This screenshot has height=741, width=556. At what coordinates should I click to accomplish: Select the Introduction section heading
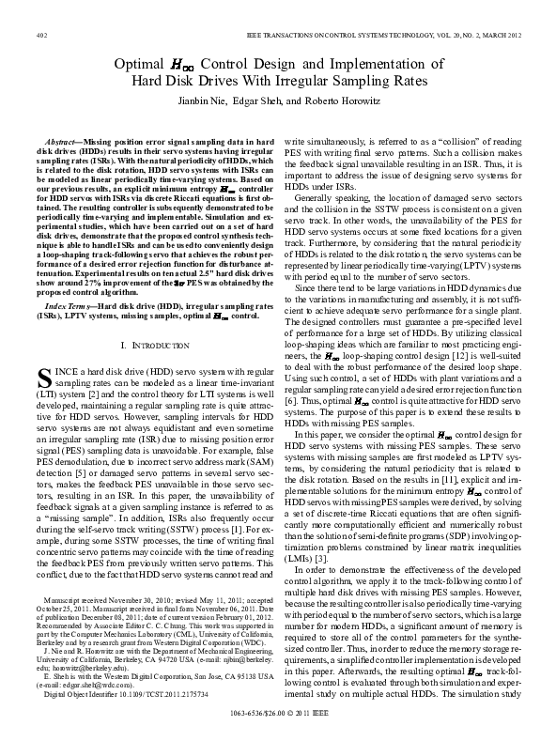point(156,374)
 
